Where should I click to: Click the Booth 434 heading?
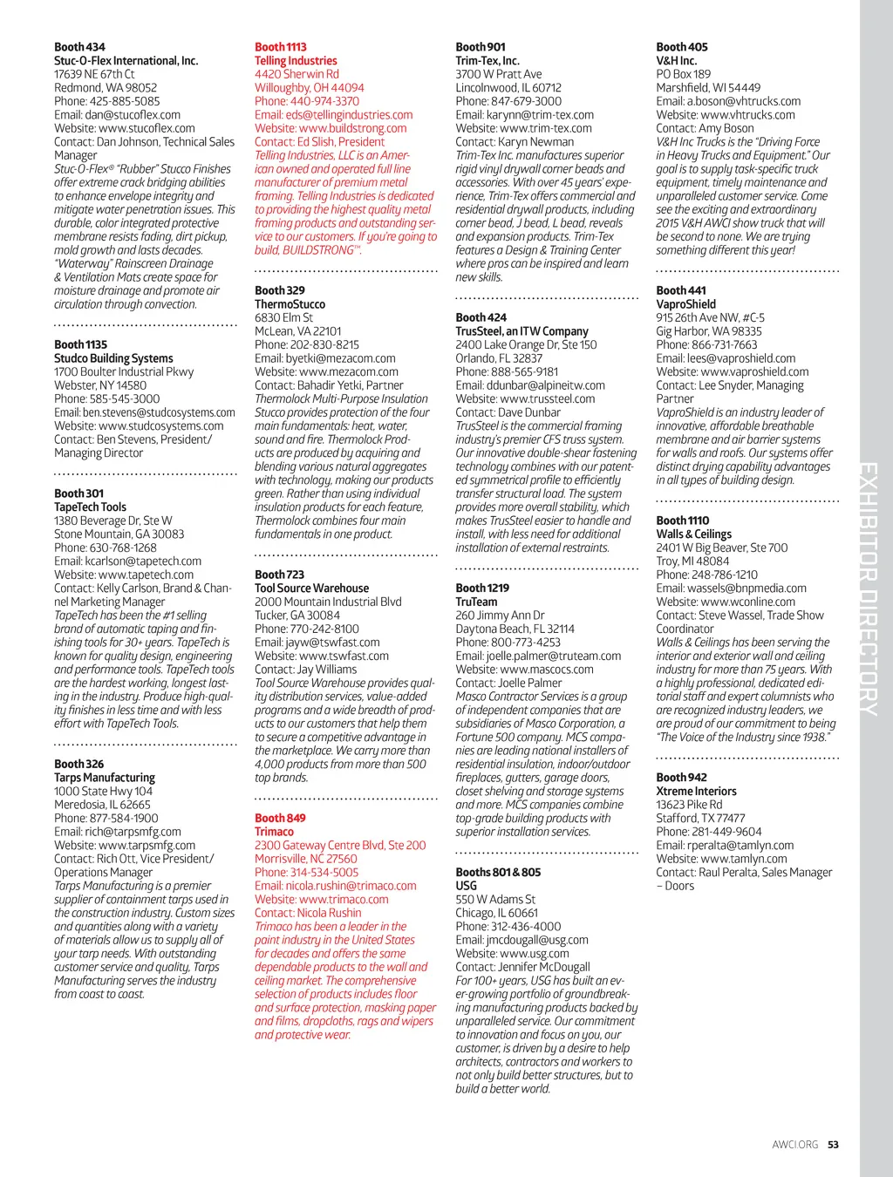pyautogui.click(x=79, y=47)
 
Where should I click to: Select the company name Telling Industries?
pyautogui.click(x=296, y=61)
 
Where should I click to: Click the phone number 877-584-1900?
pyautogui.click(x=125, y=819)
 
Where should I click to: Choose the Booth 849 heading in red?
pyautogui.click(x=280, y=819)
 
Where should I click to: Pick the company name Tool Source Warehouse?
pyautogui.click(x=311, y=588)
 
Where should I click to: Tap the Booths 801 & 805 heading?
pyautogui.click(x=498, y=873)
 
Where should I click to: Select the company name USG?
pyautogui.click(x=466, y=886)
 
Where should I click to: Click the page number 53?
pyautogui.click(x=834, y=1145)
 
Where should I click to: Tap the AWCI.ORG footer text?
pyautogui.click(x=794, y=1145)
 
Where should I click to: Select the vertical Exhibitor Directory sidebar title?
pyautogui.click(x=869, y=588)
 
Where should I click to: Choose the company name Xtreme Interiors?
pyautogui.click(x=696, y=792)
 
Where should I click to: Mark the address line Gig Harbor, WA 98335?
pyautogui.click(x=709, y=331)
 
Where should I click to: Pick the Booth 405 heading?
pyautogui.click(x=682, y=47)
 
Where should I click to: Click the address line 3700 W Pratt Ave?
pyautogui.click(x=499, y=75)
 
